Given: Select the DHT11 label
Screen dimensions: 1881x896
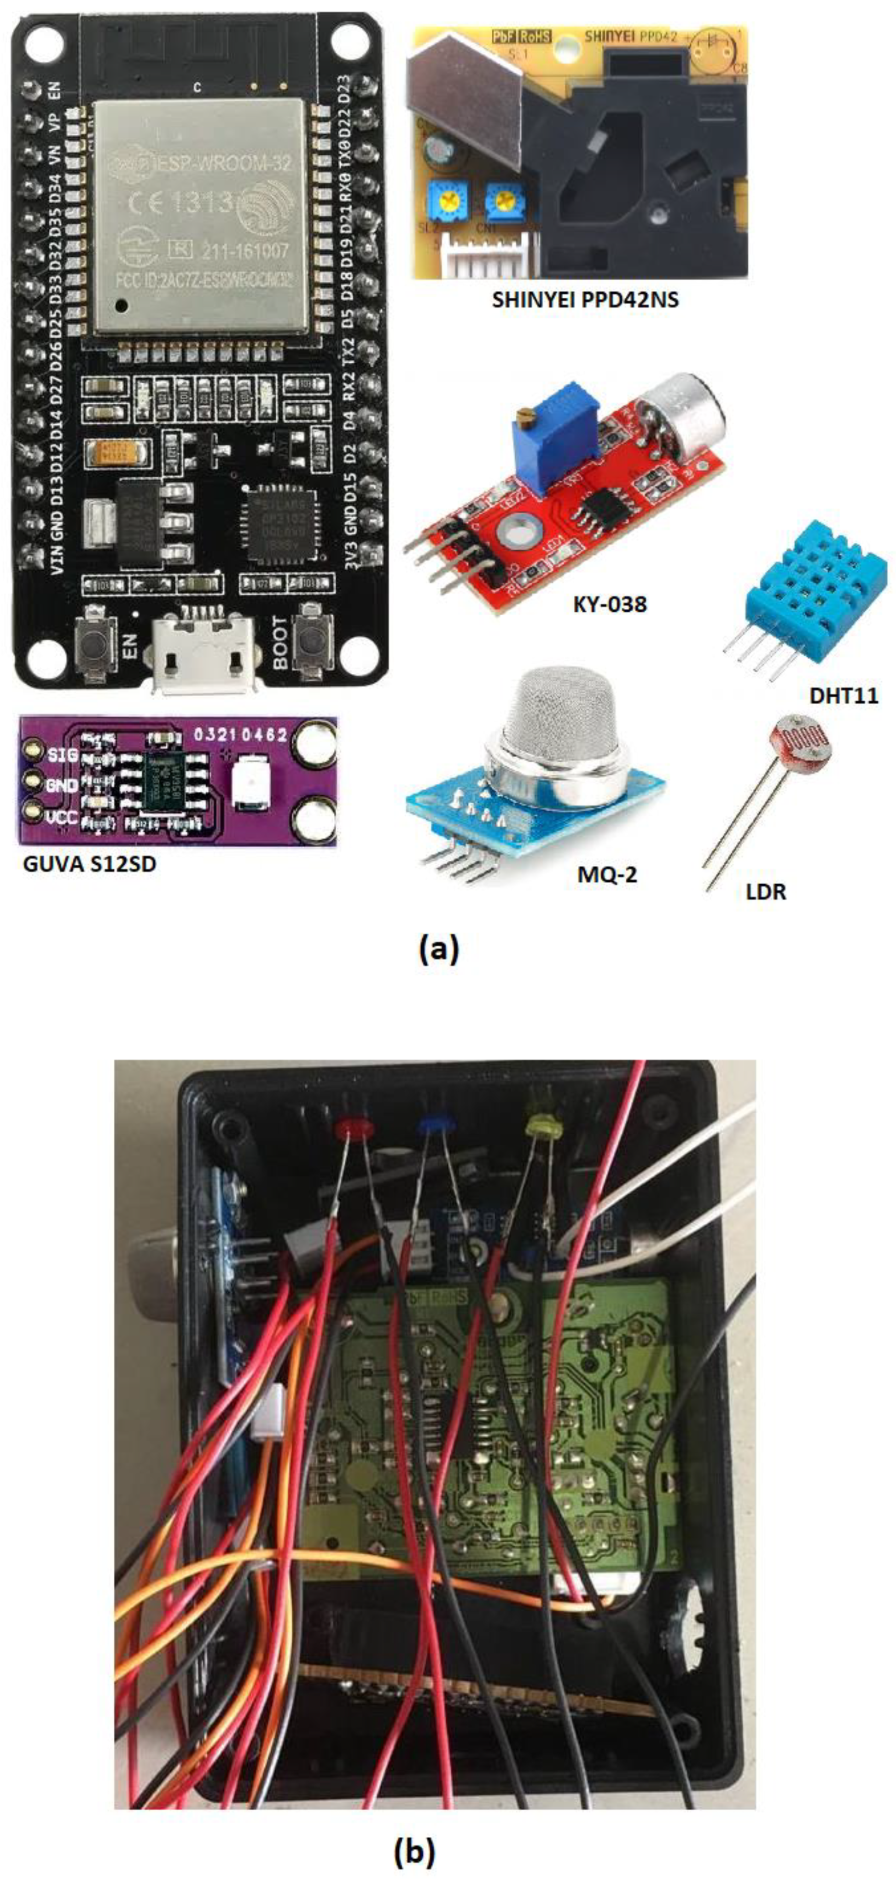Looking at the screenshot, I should (844, 695).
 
